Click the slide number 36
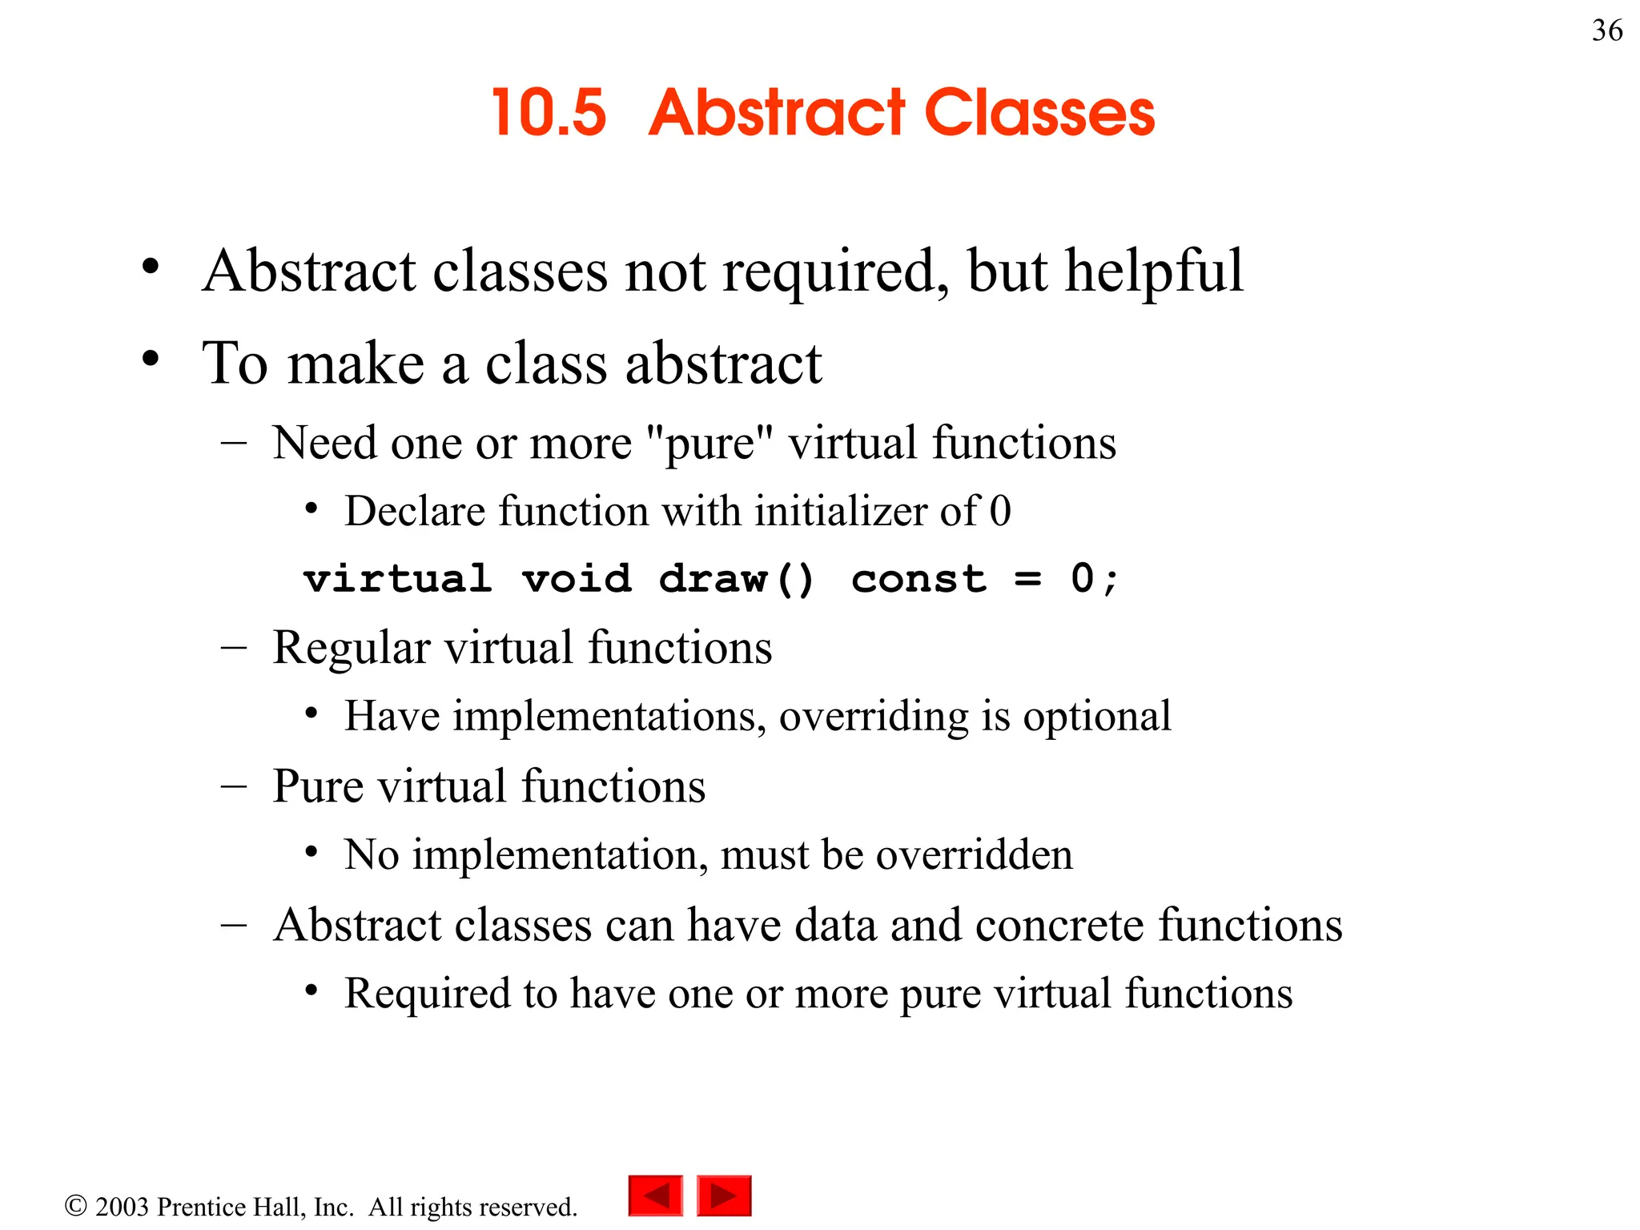point(1606,30)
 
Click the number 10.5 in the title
point(549,113)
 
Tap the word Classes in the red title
point(1039,113)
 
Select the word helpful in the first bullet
point(1154,271)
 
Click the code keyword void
point(577,578)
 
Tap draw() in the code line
point(736,578)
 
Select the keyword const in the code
point(918,578)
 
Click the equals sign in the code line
point(1027,579)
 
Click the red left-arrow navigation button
point(656,1196)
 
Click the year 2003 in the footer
point(122,1207)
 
